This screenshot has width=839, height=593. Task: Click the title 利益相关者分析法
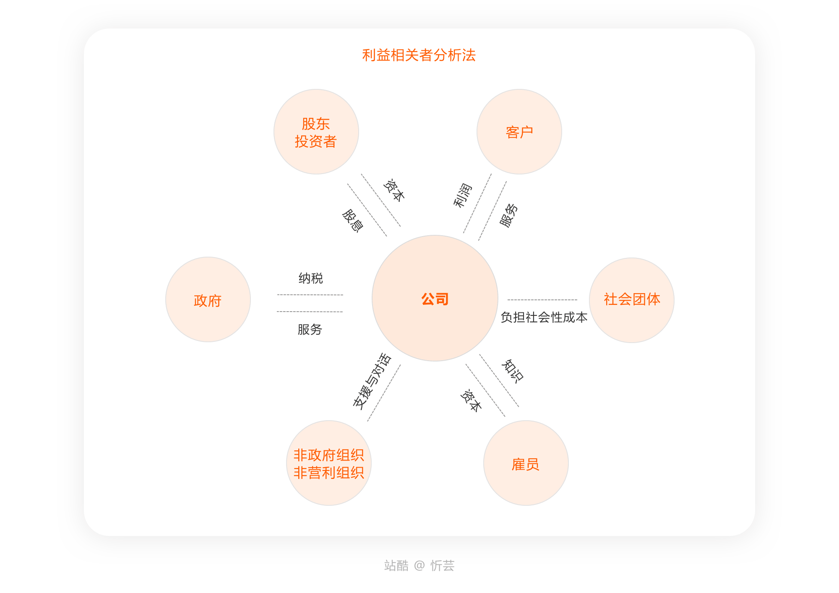pyautogui.click(x=419, y=55)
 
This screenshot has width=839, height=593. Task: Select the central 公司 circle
pyautogui.click(x=435, y=299)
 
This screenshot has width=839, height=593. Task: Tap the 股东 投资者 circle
pyautogui.click(x=316, y=132)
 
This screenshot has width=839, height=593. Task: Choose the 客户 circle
pyautogui.click(x=519, y=132)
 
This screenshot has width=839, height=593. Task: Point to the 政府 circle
pyautogui.click(x=208, y=299)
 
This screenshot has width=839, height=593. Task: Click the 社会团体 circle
pyautogui.click(x=631, y=300)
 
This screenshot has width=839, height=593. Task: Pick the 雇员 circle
pyautogui.click(x=526, y=463)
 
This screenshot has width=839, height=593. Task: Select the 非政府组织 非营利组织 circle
pyautogui.click(x=328, y=463)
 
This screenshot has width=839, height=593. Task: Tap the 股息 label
pyautogui.click(x=352, y=221)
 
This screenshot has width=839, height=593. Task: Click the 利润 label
pyautogui.click(x=462, y=195)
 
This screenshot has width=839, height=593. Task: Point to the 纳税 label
pyautogui.click(x=310, y=278)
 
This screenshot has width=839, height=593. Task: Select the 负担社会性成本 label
pyautogui.click(x=544, y=317)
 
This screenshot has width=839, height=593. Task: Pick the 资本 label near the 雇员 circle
pyautogui.click(x=471, y=401)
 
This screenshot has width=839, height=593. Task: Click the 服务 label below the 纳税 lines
pyautogui.click(x=310, y=330)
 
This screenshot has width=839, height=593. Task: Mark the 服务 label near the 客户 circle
pyautogui.click(x=509, y=215)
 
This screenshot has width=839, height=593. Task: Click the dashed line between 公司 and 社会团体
pyautogui.click(x=542, y=300)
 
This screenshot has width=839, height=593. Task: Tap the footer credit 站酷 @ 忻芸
pyautogui.click(x=419, y=566)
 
